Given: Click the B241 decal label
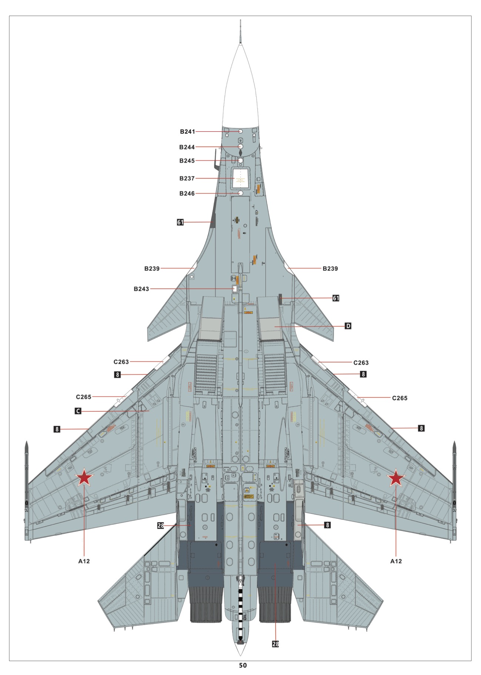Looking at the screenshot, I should [x=187, y=132].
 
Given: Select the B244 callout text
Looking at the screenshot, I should [x=187, y=147].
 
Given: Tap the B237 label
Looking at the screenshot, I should [x=187, y=178].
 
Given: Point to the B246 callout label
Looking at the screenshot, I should [x=187, y=194].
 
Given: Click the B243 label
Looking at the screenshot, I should [x=141, y=289].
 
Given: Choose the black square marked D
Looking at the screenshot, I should [x=348, y=326].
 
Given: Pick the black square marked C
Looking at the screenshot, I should [x=78, y=411].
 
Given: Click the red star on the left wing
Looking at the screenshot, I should [x=84, y=478].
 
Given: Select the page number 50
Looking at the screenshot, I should [x=243, y=665].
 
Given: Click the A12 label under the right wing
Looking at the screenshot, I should [x=396, y=561].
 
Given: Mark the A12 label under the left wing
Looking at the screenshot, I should [x=84, y=561].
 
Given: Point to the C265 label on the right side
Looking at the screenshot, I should [x=400, y=398].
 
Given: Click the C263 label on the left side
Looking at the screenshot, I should [x=121, y=362].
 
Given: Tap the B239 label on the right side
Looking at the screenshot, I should [x=330, y=268].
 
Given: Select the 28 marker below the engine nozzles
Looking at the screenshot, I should [x=275, y=644].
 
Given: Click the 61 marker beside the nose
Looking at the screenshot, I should [x=180, y=222].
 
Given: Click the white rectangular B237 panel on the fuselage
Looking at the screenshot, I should [x=241, y=179].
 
